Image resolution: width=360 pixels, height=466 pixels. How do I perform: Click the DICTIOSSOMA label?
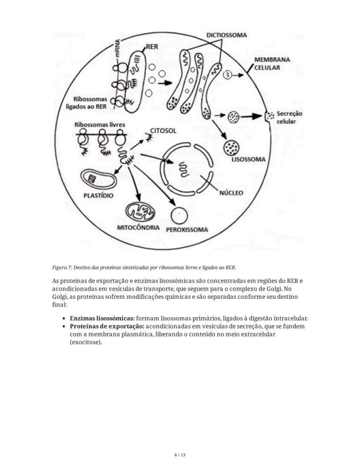227,35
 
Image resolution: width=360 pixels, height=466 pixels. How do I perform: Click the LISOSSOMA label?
248,159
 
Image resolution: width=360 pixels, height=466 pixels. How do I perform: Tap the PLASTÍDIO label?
98,195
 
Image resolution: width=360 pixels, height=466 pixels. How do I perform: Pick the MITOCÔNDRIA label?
138,228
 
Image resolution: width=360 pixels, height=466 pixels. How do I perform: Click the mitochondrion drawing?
140,212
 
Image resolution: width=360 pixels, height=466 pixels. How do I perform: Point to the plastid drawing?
98,178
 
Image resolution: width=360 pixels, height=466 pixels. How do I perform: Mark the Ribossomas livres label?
100,124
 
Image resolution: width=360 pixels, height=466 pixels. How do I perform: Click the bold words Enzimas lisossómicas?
102,318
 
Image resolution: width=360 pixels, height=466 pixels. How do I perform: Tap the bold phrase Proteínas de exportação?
107,326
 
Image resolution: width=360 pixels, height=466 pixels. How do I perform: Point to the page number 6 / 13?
180,455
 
